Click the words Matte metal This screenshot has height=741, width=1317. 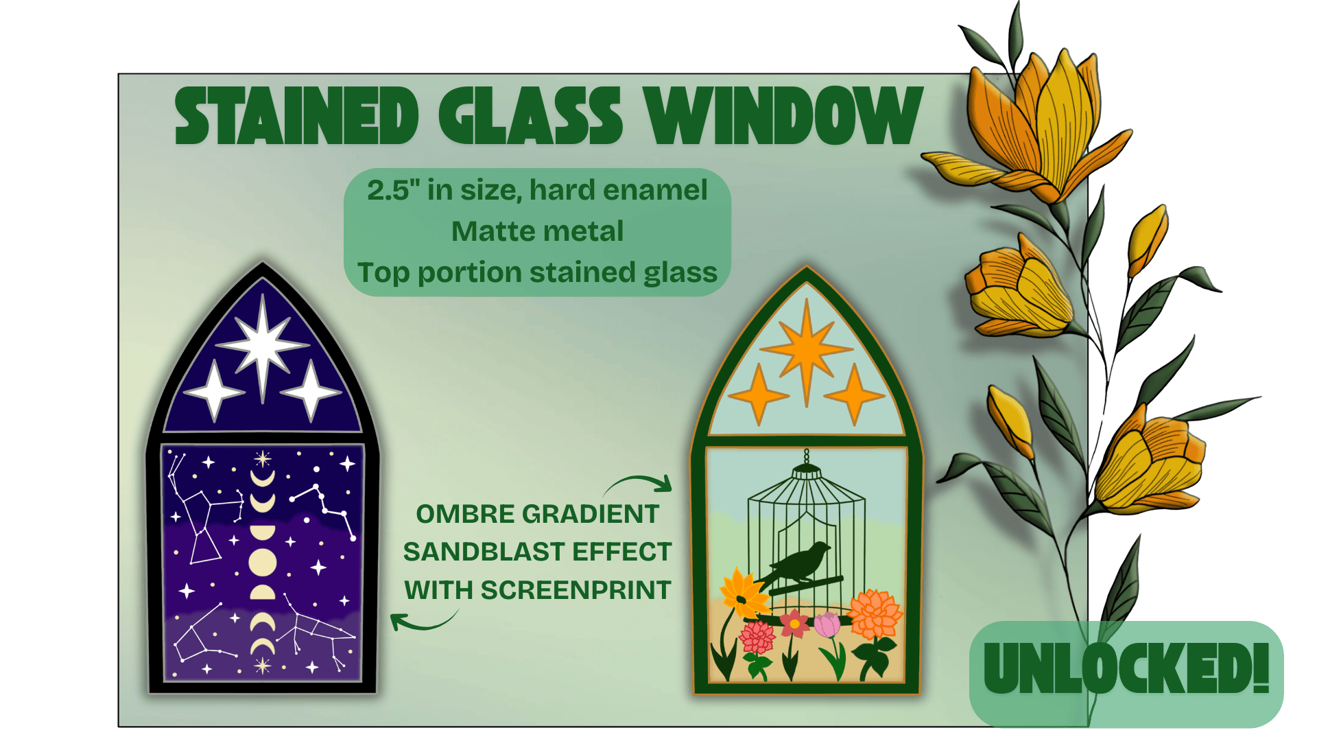[x=538, y=231]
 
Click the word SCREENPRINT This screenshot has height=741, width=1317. [x=576, y=590]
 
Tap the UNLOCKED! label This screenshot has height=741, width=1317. [x=1126, y=668]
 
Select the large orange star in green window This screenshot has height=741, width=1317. [x=807, y=350]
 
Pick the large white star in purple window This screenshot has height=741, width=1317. [x=262, y=346]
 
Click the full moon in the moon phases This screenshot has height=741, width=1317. [x=262, y=563]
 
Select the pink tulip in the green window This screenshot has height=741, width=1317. [x=827, y=624]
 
